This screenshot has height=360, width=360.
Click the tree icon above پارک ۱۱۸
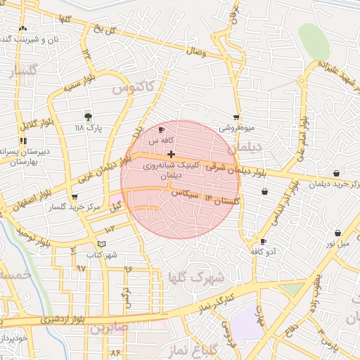click(88, 116)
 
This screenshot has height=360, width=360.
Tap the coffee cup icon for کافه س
click(162, 130)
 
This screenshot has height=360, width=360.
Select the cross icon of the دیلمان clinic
click(171, 153)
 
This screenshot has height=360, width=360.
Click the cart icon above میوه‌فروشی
click(236, 117)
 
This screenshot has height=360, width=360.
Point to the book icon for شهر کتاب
click(102, 244)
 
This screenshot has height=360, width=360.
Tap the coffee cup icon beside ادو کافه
click(263, 241)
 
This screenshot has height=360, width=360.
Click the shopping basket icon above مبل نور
click(337, 233)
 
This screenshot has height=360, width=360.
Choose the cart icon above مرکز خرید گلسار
click(75, 197)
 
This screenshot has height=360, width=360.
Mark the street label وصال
click(195, 51)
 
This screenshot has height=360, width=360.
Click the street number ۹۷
click(80, 269)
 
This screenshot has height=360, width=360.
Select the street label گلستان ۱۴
click(221, 200)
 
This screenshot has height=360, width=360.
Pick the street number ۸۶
click(115, 351)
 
